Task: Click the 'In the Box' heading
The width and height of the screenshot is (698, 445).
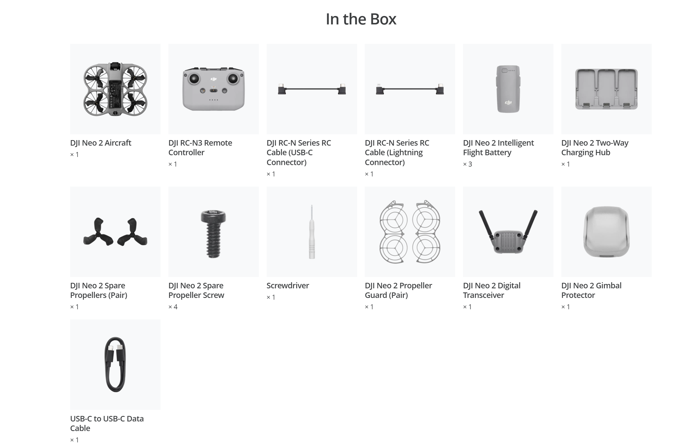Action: tap(361, 19)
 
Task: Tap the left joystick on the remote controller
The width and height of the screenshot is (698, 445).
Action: tap(194, 78)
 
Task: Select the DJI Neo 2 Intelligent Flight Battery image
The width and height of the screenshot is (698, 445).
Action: tap(508, 89)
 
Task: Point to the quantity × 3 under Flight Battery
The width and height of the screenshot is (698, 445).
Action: tap(468, 164)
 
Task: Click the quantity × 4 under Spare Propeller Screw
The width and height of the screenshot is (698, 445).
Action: tap(173, 307)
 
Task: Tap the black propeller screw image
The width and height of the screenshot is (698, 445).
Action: tap(213, 234)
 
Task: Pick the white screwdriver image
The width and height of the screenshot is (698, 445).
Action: tap(312, 232)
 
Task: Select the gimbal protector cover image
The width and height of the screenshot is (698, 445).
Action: tap(606, 232)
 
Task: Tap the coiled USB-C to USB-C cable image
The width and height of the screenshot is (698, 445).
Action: tap(115, 364)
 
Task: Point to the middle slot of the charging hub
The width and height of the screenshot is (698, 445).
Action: tap(606, 89)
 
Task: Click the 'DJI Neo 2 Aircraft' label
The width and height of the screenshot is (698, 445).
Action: tap(101, 143)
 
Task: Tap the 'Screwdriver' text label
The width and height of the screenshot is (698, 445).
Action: tap(288, 286)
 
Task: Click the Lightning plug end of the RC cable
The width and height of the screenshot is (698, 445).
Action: tap(380, 90)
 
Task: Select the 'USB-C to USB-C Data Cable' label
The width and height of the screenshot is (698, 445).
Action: tap(107, 423)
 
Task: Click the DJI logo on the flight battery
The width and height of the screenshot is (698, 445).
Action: tap(508, 102)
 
